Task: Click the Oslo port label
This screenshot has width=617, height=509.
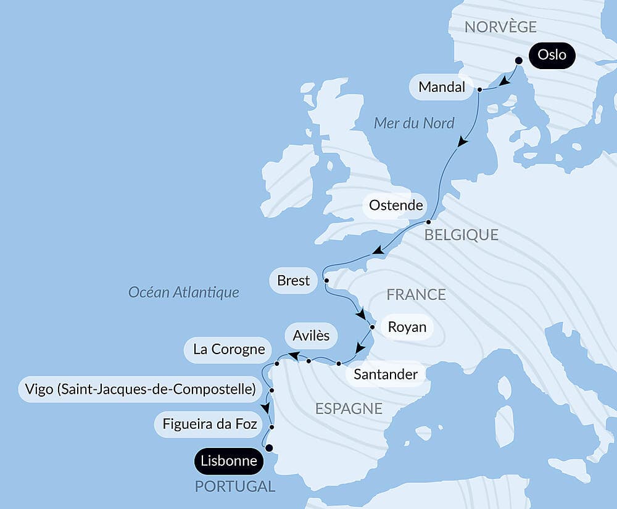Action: (552, 55)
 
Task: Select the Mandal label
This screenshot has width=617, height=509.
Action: (441, 88)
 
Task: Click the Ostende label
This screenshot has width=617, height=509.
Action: (395, 205)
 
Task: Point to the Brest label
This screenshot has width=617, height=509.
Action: (294, 281)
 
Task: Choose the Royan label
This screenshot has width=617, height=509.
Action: (407, 326)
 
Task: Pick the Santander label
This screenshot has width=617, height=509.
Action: (385, 375)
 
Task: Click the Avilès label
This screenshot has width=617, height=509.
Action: (311, 336)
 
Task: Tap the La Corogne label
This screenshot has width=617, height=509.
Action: (228, 350)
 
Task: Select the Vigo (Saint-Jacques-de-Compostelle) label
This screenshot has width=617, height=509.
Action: (141, 389)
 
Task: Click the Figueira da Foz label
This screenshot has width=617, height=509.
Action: (210, 424)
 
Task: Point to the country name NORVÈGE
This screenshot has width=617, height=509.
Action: (500, 27)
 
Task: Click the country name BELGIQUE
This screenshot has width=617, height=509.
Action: (461, 234)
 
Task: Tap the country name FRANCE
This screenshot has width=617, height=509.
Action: (416, 295)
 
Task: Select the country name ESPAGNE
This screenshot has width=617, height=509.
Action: (349, 408)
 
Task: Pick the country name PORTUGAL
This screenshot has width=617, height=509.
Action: (235, 486)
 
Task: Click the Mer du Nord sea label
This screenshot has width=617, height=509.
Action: (414, 123)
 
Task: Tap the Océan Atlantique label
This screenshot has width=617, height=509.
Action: (183, 292)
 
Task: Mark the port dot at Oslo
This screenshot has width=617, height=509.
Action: (519, 60)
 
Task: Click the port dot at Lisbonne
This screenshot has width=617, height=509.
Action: (268, 449)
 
